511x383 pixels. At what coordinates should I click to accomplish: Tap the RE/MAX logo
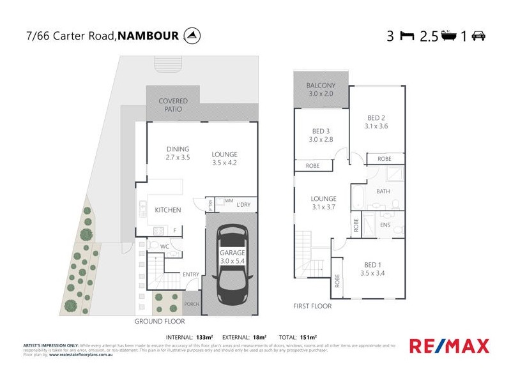tap(449, 346)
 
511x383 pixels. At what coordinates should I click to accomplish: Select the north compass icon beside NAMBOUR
tap(190, 35)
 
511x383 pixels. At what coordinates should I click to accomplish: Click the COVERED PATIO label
tap(172, 105)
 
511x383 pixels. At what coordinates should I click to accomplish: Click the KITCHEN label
tap(168, 210)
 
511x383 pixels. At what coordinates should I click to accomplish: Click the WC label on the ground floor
tap(164, 246)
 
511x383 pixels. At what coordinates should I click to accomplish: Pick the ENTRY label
tap(190, 274)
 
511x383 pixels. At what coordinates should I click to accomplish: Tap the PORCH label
tap(192, 304)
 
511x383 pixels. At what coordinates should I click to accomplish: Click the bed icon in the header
tap(406, 36)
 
